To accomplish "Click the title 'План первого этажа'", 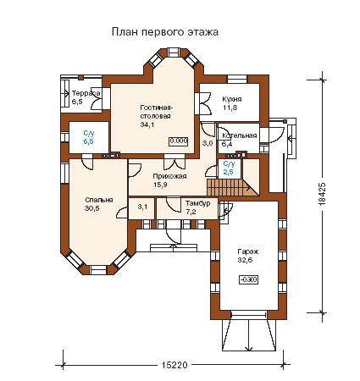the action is point(165,32).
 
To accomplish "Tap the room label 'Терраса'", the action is point(86,93).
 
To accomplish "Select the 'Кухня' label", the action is point(232,99).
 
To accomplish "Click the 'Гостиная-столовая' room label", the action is point(156,112).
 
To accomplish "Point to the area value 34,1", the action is point(147,124).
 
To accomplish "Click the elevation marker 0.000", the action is point(179,141).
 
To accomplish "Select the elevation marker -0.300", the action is point(249,279).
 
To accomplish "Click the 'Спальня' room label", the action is point(99,200).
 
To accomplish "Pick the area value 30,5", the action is point(91,208).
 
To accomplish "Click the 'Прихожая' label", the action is point(169,177).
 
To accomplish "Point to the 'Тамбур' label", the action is point(197,203).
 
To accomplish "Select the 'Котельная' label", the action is point(240,135).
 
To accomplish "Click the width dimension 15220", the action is point(174,365).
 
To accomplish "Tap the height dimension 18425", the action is point(323,194).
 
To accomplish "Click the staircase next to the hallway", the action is point(232,187).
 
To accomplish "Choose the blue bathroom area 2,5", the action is point(228,172).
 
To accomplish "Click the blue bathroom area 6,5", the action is point(88,141).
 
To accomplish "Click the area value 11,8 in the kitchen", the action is point(230,108).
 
